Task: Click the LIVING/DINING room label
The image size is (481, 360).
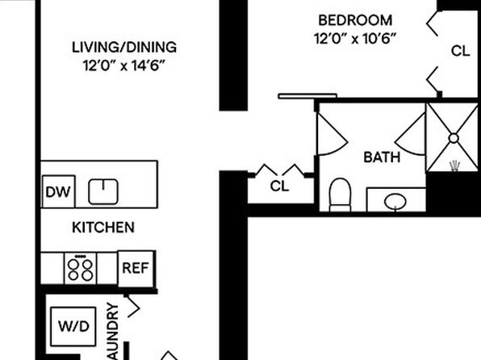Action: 124,48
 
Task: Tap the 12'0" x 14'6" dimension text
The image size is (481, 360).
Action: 124,65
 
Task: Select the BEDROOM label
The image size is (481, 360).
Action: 355,20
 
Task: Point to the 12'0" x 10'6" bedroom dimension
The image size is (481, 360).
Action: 355,39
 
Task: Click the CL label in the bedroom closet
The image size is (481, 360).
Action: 461,51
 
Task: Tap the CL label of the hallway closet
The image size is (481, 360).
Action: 279,186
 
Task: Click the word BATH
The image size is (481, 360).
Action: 382,157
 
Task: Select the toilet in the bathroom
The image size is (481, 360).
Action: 340,195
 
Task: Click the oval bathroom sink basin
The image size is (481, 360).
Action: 395,202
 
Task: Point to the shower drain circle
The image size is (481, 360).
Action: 454,138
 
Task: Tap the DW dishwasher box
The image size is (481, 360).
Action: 58,192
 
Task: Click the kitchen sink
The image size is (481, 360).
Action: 103,192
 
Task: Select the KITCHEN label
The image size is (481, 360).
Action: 103,228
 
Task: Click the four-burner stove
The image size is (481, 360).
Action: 80,268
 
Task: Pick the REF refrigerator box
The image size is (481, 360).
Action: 136,269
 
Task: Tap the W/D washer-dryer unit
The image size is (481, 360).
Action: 73,326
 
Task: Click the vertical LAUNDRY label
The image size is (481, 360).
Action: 113,332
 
